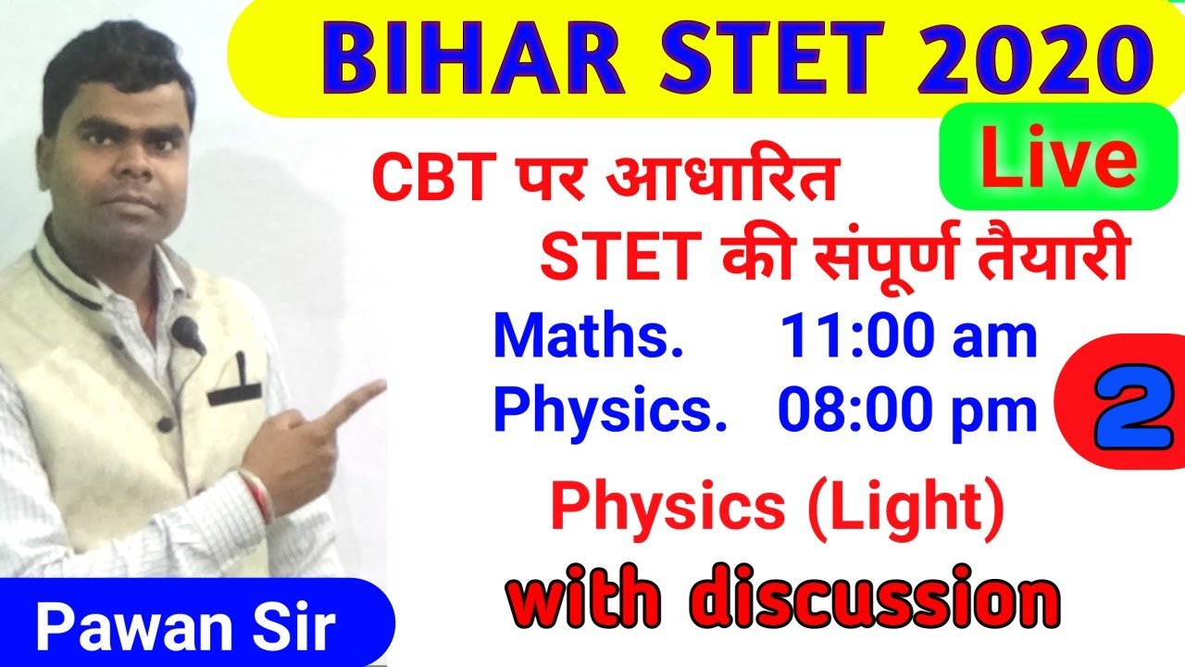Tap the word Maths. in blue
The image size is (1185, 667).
[588, 338]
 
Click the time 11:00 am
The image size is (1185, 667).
[908, 338]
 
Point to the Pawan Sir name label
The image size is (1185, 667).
[185, 629]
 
